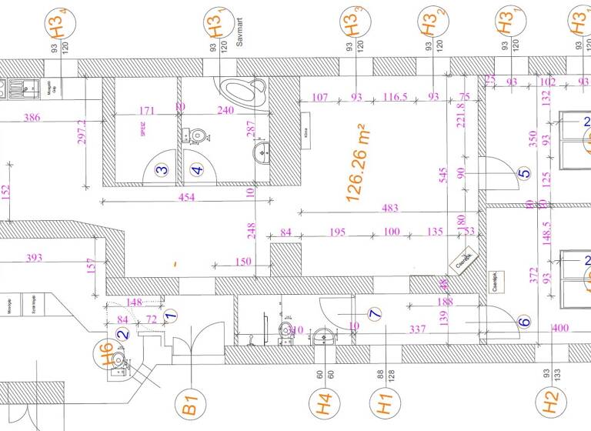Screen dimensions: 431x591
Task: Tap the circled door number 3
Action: (162, 171)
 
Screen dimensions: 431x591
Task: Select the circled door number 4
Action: (198, 171)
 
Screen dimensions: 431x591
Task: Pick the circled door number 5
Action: (524, 174)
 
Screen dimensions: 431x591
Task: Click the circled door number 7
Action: (375, 314)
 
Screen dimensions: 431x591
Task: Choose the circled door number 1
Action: (171, 314)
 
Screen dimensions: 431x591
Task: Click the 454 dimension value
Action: (186, 198)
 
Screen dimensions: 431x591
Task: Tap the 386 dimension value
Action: (32, 118)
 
